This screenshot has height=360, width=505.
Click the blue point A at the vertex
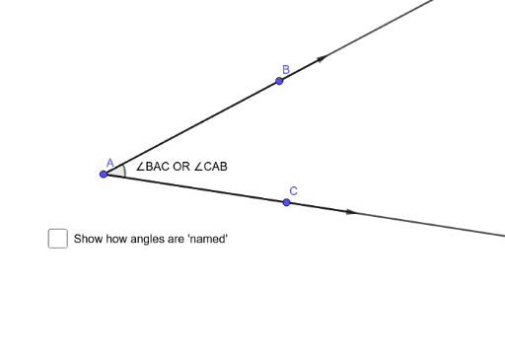(x=104, y=174)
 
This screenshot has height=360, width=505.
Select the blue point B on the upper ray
(x=279, y=80)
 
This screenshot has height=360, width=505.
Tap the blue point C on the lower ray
(x=286, y=202)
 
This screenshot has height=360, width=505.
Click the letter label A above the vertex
(x=109, y=162)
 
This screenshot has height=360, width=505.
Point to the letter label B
(x=285, y=69)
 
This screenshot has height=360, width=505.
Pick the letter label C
(x=293, y=190)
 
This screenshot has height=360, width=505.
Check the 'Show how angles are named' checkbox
(x=57, y=239)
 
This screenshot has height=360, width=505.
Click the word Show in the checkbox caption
(x=89, y=239)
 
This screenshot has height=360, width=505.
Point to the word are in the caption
(x=178, y=239)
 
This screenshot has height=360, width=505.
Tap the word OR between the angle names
(x=180, y=167)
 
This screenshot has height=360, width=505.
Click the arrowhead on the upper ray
(x=320, y=59)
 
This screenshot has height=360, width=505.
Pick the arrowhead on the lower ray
(x=349, y=211)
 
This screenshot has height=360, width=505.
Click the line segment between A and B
(x=192, y=126)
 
